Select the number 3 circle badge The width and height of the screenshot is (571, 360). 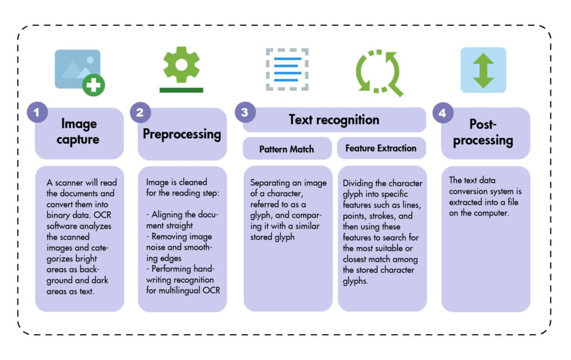[x=244, y=113]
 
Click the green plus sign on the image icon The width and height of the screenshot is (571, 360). [x=94, y=85]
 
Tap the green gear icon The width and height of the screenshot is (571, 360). [x=181, y=65]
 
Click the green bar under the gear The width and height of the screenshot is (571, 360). [x=181, y=89]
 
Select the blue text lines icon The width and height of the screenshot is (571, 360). [x=287, y=69]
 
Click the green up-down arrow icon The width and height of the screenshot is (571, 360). [x=483, y=70]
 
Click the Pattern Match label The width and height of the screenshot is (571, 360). [x=287, y=149]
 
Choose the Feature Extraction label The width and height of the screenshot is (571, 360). [x=381, y=148]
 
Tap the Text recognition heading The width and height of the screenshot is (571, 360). [x=334, y=120]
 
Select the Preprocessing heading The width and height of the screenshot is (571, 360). [x=182, y=134]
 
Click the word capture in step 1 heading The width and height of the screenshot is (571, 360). [x=79, y=139]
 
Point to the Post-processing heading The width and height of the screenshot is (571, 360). [x=483, y=132]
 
